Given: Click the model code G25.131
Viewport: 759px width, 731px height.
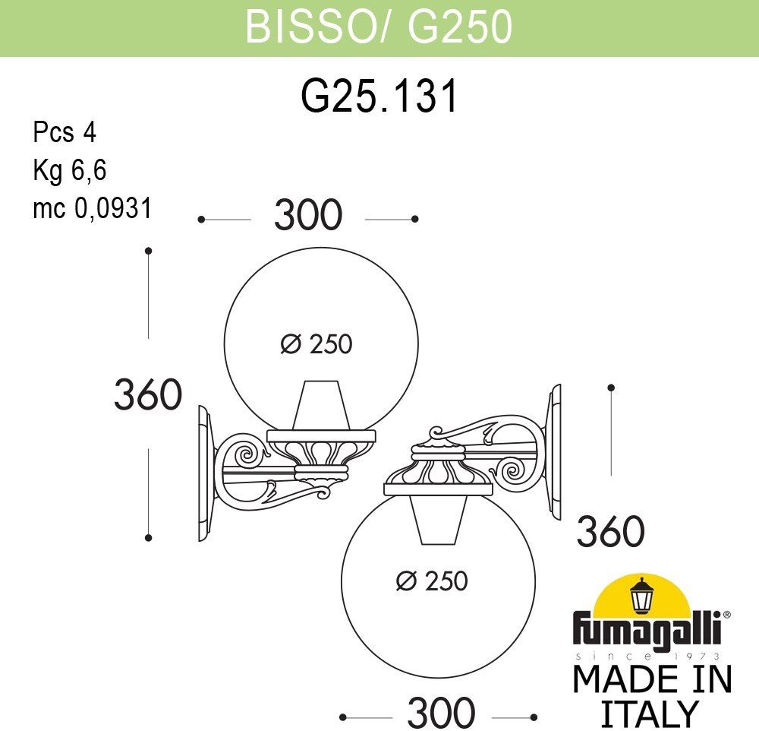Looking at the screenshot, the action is [x=379, y=96].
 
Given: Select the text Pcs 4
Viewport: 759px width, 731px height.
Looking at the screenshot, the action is [x=65, y=132].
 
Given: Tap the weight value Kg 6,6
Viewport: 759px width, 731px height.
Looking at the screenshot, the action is [x=70, y=170].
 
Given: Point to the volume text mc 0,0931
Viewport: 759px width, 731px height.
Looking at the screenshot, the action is [x=93, y=208].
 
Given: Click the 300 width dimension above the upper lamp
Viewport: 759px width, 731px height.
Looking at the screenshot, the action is [x=308, y=214].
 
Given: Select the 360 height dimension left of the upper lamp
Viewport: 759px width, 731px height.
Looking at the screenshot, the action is [x=148, y=394].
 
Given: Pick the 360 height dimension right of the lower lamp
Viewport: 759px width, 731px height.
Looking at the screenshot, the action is [x=611, y=531].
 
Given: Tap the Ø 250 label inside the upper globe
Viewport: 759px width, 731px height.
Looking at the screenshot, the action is [x=317, y=344].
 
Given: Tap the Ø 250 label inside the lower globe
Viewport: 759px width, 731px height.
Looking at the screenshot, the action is [x=432, y=581].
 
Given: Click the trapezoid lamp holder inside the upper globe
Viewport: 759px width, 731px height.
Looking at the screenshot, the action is [x=321, y=405].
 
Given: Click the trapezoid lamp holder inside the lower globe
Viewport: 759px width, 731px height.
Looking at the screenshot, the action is [x=439, y=520].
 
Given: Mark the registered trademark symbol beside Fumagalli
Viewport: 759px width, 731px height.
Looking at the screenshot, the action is [x=726, y=615].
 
